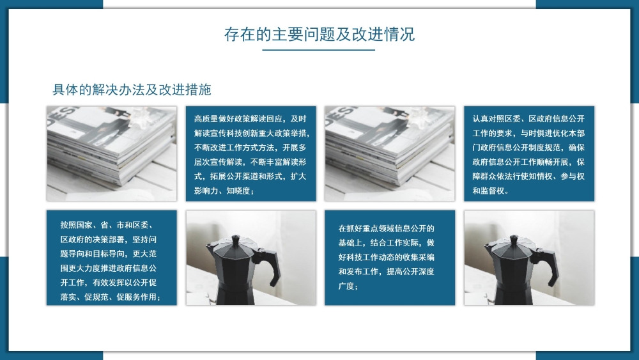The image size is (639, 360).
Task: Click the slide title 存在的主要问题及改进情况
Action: pos(319,35)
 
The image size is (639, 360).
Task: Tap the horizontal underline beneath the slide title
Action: pos(319,50)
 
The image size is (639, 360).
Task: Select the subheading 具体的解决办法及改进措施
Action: pos(132,90)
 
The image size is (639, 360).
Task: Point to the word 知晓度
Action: pos(238,191)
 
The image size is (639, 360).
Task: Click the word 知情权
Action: pos(541,176)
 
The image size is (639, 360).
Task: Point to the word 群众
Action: pos(488,176)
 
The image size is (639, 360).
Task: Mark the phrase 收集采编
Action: pos(419,257)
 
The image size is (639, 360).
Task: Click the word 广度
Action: pos(346,286)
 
